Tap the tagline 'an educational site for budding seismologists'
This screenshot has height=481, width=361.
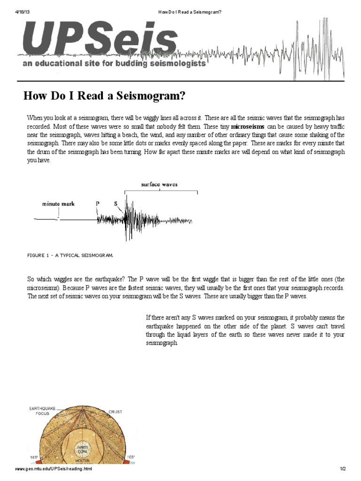pos(114,63)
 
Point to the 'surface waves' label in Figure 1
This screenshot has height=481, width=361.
pos(159,185)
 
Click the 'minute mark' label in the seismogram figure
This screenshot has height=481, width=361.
pos(58,204)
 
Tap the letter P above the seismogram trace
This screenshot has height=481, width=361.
pos(98,204)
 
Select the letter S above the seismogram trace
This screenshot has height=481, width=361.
pos(116,204)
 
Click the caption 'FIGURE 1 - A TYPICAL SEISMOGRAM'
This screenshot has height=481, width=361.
pos(70,255)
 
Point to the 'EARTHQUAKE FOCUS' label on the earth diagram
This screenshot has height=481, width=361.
pos(43,411)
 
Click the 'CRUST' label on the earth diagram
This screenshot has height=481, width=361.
pos(115,412)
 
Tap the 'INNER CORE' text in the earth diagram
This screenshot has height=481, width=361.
pos(83,450)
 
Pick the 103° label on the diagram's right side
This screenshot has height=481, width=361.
pos(131,457)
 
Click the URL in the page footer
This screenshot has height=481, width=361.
pos(54,469)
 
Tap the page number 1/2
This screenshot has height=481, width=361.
pos(343,469)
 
